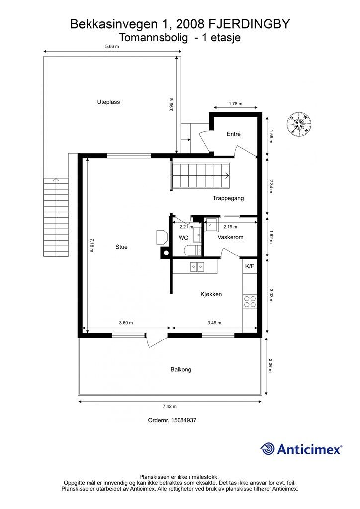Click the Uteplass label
pyautogui.click(x=108, y=102)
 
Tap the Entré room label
pyautogui.click(x=233, y=134)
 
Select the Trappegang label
pyautogui.click(x=228, y=198)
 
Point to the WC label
pyautogui.click(x=183, y=238)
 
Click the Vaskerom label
pyautogui.click(x=230, y=237)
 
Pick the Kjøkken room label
pyautogui.click(x=211, y=294)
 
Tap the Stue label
pyautogui.click(x=121, y=247)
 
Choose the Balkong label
pyautogui.click(x=181, y=369)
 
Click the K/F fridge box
pyautogui.click(x=250, y=266)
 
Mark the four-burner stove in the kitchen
pyautogui.click(x=250, y=301)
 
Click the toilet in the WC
pyautogui.click(x=192, y=251)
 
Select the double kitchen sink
pyautogui.click(x=197, y=267)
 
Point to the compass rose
pyautogui.click(x=299, y=124)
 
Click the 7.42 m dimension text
pyautogui.click(x=170, y=406)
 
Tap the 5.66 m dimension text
pyautogui.click(x=112, y=46)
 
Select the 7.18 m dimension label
pyautogui.click(x=92, y=245)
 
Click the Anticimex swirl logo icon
pyautogui.click(x=268, y=449)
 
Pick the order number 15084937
pyautogui.click(x=183, y=420)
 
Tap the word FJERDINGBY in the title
pyautogui.click(x=249, y=24)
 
